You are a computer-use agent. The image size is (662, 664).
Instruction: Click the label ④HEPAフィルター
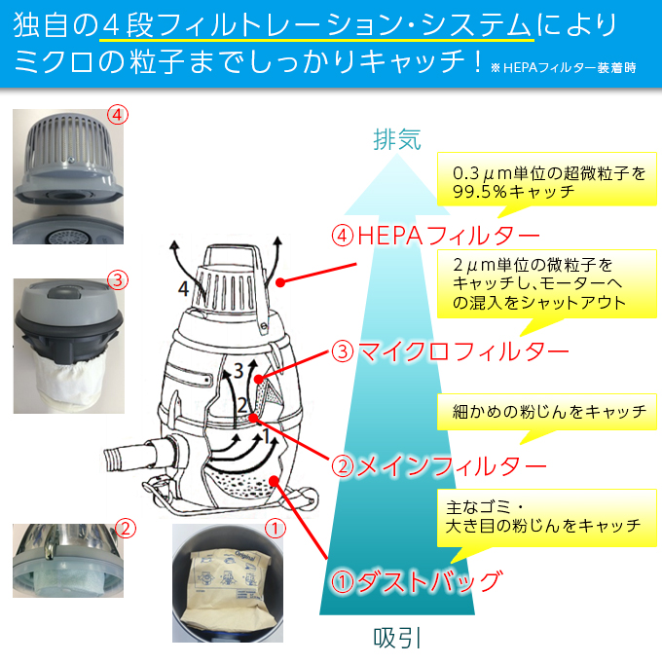click(x=435, y=238)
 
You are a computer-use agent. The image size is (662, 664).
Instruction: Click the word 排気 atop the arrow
click(x=397, y=139)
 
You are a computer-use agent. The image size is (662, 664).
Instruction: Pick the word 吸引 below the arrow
click(x=397, y=638)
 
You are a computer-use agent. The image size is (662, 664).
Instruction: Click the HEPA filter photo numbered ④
click(x=68, y=180)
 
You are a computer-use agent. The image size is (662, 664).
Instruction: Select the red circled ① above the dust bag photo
click(x=276, y=529)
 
